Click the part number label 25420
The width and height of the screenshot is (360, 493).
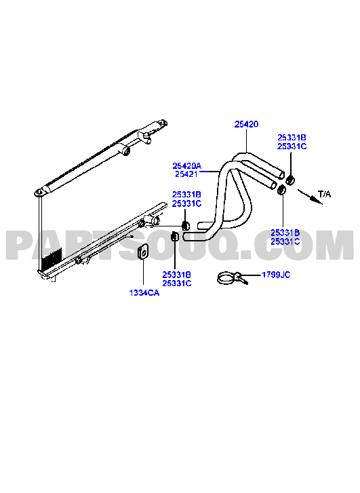tap(246, 124)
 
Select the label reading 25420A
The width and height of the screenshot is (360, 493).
tap(186, 165)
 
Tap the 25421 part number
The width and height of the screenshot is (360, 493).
tap(186, 174)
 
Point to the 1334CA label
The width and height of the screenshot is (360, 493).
tap(144, 293)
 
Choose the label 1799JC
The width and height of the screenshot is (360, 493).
tap(276, 275)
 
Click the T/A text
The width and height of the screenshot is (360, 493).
tap(325, 194)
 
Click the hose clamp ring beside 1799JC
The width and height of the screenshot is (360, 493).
tap(226, 278)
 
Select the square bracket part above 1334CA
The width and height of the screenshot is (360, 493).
tap(143, 252)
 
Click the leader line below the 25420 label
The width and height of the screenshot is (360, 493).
tap(247, 140)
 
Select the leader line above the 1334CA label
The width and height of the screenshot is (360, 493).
tap(143, 274)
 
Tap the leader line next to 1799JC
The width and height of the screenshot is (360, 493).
tap(252, 275)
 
